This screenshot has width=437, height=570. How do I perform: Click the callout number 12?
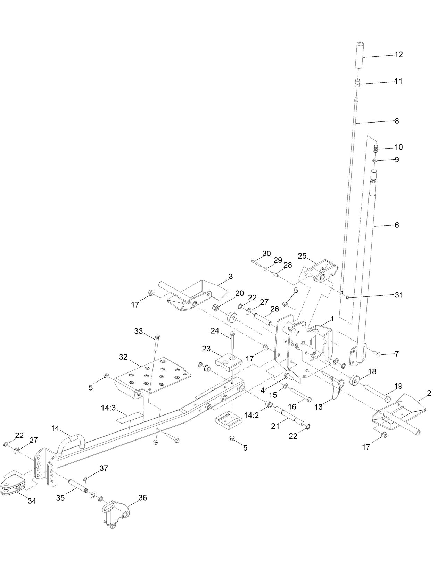(x=398, y=55)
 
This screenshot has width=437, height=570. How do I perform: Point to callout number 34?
(x=32, y=501)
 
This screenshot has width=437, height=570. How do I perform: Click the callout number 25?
(x=302, y=256)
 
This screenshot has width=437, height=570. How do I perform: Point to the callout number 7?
(x=397, y=354)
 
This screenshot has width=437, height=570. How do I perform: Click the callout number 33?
(x=139, y=331)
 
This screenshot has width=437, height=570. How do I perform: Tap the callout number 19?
(x=398, y=386)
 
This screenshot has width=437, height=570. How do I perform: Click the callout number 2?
(x=429, y=393)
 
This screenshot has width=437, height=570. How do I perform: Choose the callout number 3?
(x=231, y=276)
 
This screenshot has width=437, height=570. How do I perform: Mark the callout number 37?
(x=104, y=468)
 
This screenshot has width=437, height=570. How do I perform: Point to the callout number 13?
(x=319, y=407)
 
